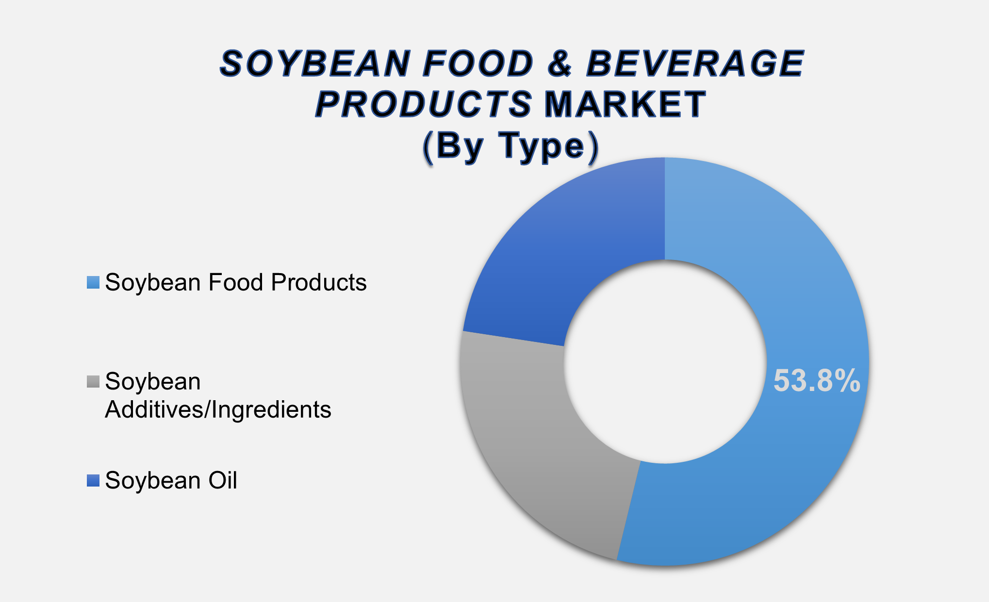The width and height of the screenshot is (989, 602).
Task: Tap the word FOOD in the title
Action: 478,64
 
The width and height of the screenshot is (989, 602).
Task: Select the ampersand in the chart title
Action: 560,64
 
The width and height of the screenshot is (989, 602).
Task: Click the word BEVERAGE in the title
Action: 695,64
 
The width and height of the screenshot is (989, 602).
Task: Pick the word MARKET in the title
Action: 625,104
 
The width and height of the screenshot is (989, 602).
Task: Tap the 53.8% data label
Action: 817,381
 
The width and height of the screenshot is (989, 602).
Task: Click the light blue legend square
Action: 93,282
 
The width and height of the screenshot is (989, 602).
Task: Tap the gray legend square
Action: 93,382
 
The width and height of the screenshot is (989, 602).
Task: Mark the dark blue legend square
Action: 93,481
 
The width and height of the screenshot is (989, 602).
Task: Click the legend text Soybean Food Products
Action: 236,282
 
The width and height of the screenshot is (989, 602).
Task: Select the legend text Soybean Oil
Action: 171,481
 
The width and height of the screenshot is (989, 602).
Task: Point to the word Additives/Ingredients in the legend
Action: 218,410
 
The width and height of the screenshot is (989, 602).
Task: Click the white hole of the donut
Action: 665,361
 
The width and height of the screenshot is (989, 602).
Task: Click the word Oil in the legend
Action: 223,481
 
